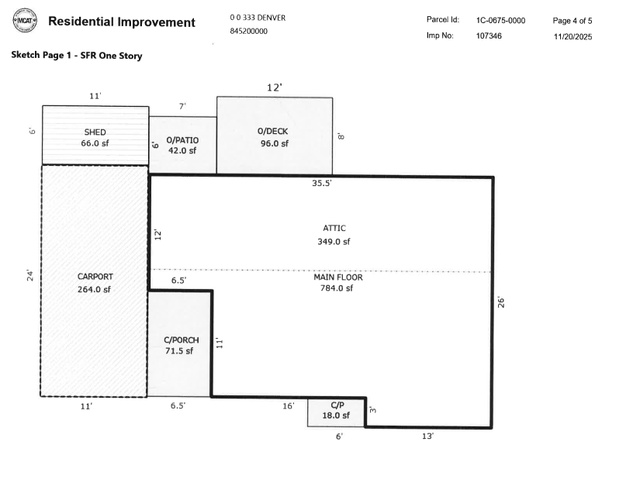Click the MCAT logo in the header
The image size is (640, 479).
tap(24, 20)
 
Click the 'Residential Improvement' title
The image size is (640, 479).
tap(122, 21)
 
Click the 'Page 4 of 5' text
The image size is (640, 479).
tap(573, 20)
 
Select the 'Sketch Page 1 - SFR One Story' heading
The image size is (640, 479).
tap(76, 56)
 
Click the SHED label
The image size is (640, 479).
tap(95, 132)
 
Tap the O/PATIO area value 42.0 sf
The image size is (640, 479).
tap(182, 151)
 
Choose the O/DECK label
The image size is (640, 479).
tap(273, 132)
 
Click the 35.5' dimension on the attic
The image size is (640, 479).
tap(322, 184)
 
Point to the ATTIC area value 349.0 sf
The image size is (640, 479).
tap(333, 241)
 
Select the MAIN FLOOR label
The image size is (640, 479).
tap(337, 278)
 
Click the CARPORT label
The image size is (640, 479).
tap(94, 277)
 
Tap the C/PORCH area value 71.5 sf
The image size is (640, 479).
tap(180, 352)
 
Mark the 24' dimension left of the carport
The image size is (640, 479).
tap(31, 276)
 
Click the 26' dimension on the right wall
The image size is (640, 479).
tap(501, 299)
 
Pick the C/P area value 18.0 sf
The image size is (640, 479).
tap(335, 415)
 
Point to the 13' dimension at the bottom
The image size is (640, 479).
tap(428, 436)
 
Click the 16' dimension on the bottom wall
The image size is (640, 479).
tap(288, 406)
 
